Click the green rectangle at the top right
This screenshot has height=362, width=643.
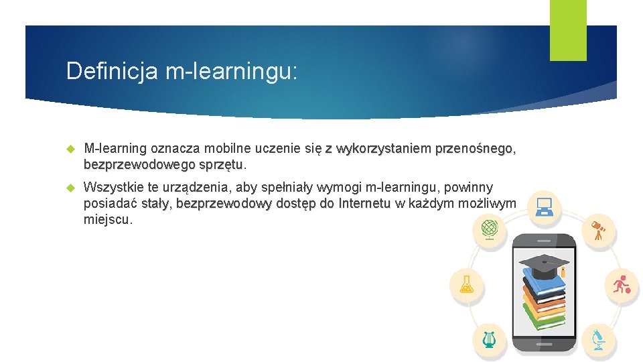tap(568, 30)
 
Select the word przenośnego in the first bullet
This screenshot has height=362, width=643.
tap(474, 148)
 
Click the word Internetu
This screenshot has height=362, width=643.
tap(364, 203)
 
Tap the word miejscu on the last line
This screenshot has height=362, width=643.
tap(108, 219)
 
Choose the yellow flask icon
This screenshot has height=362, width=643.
tap(466, 284)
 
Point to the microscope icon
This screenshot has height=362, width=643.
tap(597, 339)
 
